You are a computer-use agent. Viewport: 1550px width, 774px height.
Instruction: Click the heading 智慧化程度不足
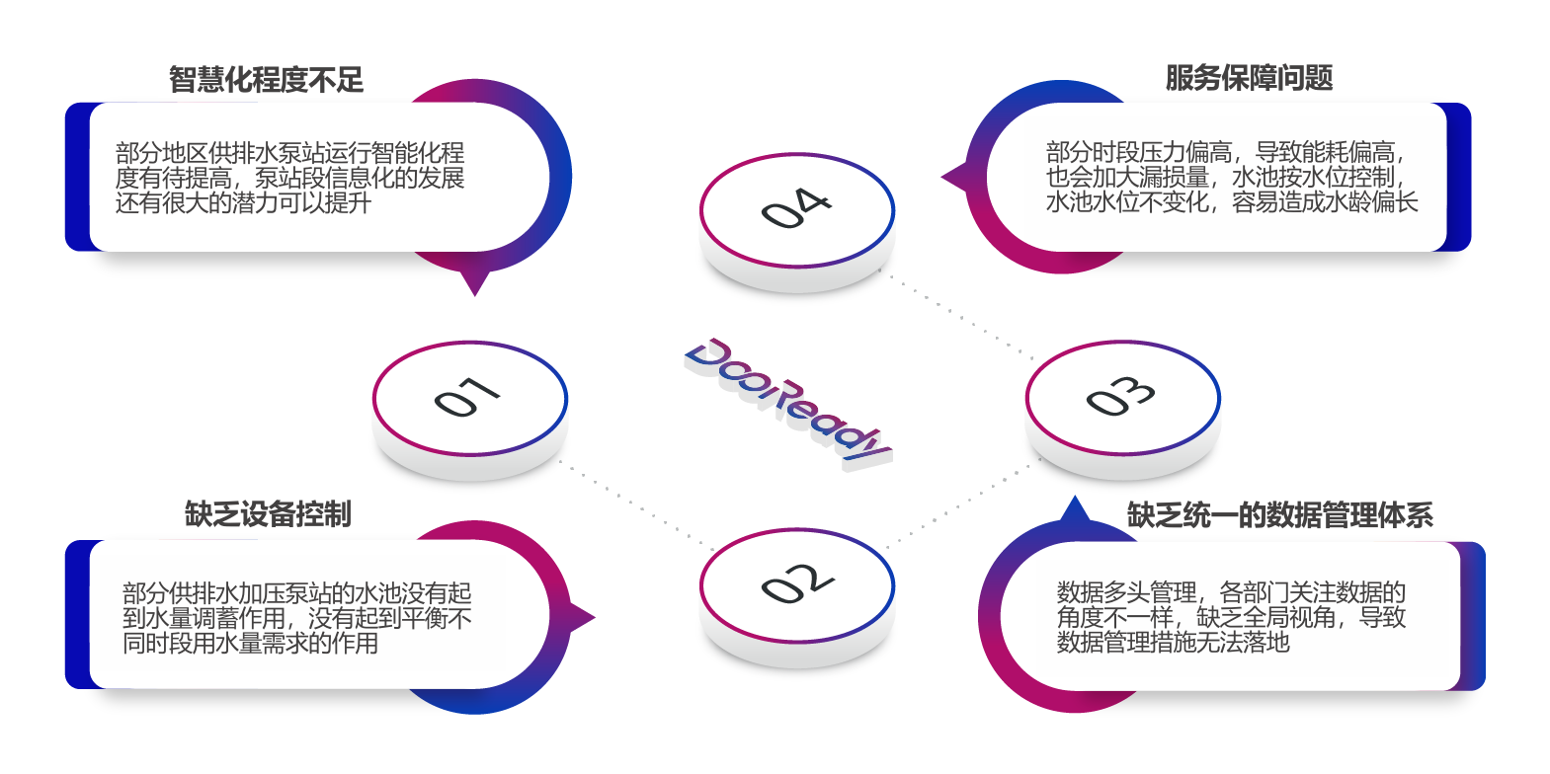click(266, 80)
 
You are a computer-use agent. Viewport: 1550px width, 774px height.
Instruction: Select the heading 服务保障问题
click(1249, 78)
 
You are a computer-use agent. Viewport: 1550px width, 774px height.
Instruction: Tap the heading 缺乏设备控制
click(267, 514)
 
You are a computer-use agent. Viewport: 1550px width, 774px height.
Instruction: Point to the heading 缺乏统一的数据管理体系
click(1279, 515)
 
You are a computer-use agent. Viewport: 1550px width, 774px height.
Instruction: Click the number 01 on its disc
click(467, 398)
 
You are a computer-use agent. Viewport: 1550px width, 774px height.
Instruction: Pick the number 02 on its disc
click(796, 583)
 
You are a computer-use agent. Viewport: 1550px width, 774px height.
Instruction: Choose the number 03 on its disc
click(1121, 397)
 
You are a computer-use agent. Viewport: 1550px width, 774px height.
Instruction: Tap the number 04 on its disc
click(796, 208)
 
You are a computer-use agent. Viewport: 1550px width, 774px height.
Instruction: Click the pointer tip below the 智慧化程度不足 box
click(475, 292)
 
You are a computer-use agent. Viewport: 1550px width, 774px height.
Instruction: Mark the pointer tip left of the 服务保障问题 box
click(944, 178)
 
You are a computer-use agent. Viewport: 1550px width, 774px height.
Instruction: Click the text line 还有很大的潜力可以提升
click(243, 203)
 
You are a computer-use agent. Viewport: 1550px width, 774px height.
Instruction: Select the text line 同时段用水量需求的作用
click(250, 644)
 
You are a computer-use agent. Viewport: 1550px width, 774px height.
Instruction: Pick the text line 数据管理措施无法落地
click(1173, 643)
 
